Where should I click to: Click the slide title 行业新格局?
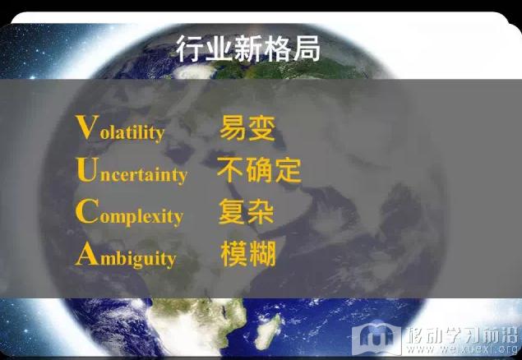[248, 49]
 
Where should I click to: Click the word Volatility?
[121, 129]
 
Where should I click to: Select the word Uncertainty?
[132, 171]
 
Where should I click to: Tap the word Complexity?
[130, 213]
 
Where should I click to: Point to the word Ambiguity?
[126, 255]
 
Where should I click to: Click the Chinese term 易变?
[247, 128]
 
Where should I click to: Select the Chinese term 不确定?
[259, 170]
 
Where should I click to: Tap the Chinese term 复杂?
[247, 212]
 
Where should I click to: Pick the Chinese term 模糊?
[248, 254]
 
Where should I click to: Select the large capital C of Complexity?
[87, 211]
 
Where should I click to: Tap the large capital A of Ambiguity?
[87, 253]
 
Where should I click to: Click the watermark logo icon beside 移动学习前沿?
[376, 338]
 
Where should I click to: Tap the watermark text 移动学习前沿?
[462, 335]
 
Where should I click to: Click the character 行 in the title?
[190, 49]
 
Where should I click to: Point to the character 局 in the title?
[307, 49]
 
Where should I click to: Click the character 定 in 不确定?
[288, 170]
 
